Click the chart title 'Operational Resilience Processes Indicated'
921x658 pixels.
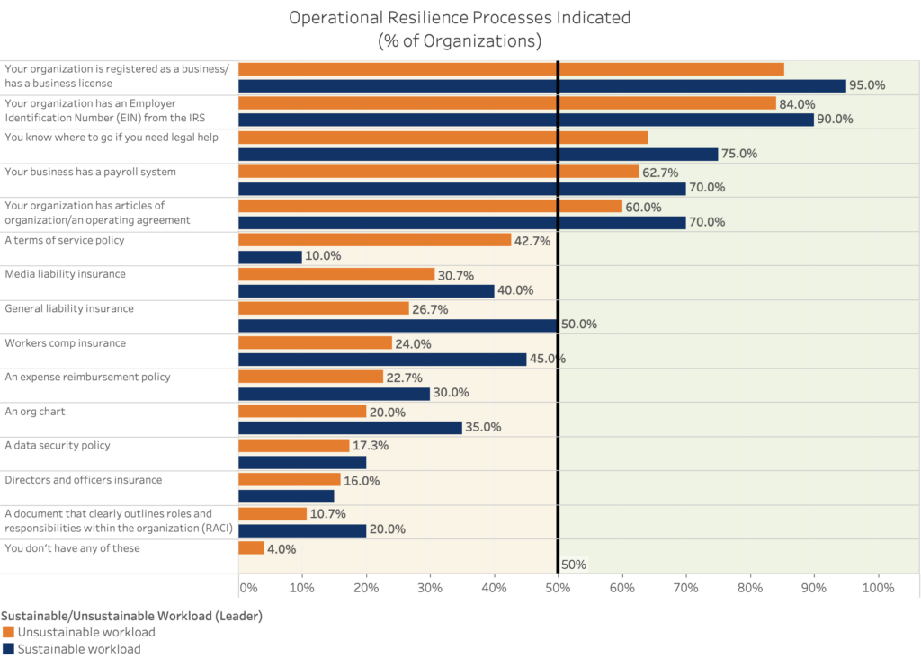(460, 17)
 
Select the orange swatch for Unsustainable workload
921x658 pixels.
(8, 632)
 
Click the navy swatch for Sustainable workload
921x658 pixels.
(8, 648)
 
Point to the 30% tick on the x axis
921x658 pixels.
(430, 588)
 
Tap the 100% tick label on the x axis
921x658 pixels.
(878, 588)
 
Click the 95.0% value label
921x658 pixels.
(868, 85)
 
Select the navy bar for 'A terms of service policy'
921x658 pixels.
(270, 257)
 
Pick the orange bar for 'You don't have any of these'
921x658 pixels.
(251, 548)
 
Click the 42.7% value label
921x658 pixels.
(532, 240)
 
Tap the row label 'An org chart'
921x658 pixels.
(35, 411)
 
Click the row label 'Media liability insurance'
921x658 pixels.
(66, 273)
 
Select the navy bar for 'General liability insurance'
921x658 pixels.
(398, 325)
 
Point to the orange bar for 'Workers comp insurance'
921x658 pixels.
(315, 342)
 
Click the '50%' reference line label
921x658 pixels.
(573, 565)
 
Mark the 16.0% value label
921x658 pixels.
(362, 481)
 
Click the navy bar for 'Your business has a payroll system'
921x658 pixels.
(461, 189)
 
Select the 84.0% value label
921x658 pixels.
(797, 103)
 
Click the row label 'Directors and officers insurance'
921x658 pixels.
(84, 479)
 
